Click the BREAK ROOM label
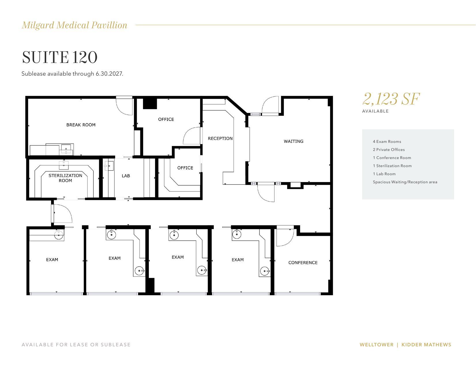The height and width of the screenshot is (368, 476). point(81,125)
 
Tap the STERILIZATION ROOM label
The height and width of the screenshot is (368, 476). point(65,178)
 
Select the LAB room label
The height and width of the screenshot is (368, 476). point(126,175)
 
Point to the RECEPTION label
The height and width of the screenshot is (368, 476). point(220,138)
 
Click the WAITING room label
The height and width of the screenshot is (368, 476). point(293,141)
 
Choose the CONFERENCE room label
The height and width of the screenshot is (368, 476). point(303,262)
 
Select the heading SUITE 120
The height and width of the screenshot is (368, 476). point(60,57)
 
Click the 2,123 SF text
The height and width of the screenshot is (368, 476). point(391,99)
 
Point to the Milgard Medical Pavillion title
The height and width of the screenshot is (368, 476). point(74,25)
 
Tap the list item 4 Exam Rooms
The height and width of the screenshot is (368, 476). point(387,141)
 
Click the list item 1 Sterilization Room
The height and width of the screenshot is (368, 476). point(392,166)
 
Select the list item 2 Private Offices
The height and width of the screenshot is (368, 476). point(389,150)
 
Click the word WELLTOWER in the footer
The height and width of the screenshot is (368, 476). point(376,345)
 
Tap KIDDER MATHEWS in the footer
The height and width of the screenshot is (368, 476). point(426,345)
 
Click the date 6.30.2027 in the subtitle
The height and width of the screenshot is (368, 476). point(109,74)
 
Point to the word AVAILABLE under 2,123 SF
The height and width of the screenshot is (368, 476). point(375,111)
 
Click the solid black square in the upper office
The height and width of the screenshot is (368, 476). point(150,103)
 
